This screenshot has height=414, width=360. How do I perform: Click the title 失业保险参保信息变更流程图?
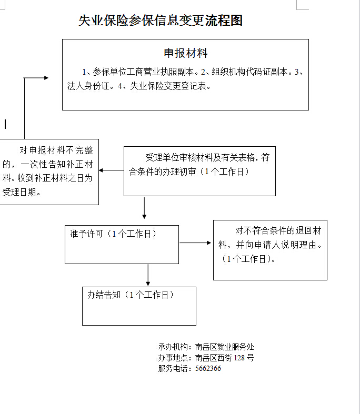161,21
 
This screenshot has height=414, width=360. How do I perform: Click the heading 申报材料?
186,53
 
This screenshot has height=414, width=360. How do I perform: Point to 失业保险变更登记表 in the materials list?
168,86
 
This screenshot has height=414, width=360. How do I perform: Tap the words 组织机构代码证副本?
249,72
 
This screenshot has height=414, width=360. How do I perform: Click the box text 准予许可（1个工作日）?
113,234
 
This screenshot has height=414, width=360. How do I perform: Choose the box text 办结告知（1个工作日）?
131,295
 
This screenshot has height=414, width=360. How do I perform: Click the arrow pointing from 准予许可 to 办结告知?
148,275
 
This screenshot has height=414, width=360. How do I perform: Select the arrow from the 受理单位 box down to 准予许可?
144,208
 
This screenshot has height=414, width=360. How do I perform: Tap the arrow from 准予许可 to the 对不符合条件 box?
195,243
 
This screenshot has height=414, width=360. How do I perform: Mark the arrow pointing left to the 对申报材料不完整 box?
111,170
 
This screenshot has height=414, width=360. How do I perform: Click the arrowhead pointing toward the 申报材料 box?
46,78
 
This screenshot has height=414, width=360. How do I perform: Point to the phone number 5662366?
208,368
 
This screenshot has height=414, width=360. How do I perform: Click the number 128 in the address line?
239,358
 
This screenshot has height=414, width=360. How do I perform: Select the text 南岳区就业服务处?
225,347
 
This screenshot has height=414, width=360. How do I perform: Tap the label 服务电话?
173,368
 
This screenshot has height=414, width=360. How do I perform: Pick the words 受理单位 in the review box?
162,158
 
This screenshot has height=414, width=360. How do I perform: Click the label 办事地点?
173,358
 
